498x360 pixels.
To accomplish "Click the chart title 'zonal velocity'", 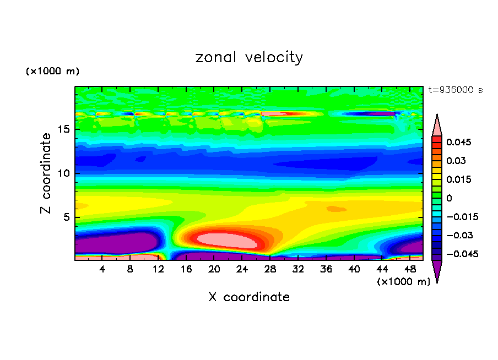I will [x=249, y=57].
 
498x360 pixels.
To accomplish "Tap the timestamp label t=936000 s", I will [x=455, y=90].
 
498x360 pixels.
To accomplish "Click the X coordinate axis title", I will [x=249, y=297].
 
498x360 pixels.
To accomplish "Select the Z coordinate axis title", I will [x=46, y=173].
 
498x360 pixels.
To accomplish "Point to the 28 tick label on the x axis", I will [x=270, y=269].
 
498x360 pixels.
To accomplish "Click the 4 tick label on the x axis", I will [x=102, y=269].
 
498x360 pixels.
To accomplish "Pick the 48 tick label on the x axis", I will [x=409, y=269].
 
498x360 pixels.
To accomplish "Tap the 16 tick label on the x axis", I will [x=186, y=269].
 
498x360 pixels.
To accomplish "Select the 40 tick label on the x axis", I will [x=354, y=269].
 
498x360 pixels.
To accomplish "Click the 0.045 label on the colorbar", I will [x=459, y=142].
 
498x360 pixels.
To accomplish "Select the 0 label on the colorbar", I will [x=449, y=198].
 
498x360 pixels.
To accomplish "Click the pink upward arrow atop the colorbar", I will [x=437, y=126].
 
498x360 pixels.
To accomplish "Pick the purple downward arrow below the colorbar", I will [x=437, y=270].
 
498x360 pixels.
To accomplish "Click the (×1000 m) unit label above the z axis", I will [x=52, y=72].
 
